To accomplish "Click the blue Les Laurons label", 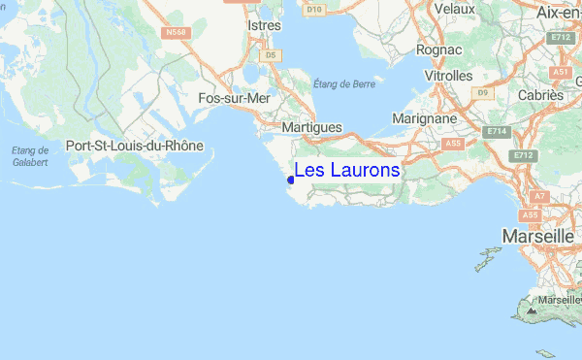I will [346, 171].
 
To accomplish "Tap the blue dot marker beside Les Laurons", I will [291, 180].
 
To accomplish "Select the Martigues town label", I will [311, 127].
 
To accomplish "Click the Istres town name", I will [264, 25].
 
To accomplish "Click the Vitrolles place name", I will [448, 75].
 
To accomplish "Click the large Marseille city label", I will [537, 236].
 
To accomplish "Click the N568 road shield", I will [176, 33].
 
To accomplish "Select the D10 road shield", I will [313, 10].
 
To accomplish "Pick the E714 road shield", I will [498, 131].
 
